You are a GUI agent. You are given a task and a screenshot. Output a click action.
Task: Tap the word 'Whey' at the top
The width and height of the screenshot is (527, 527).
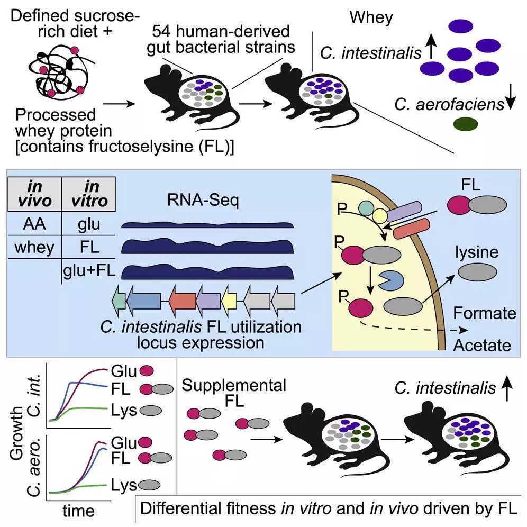click(371, 17)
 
